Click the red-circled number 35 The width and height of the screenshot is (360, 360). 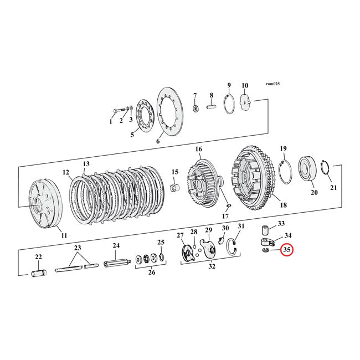point(287,250)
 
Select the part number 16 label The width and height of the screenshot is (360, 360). point(198,150)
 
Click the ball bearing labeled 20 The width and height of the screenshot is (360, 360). point(307,169)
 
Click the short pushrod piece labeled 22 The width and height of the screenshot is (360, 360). point(39,272)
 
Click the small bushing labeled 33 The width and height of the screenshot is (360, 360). point(265,228)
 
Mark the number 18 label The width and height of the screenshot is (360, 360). point(284,205)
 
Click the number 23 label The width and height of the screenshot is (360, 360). point(78,248)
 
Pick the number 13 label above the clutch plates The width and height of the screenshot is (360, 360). point(86,164)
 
